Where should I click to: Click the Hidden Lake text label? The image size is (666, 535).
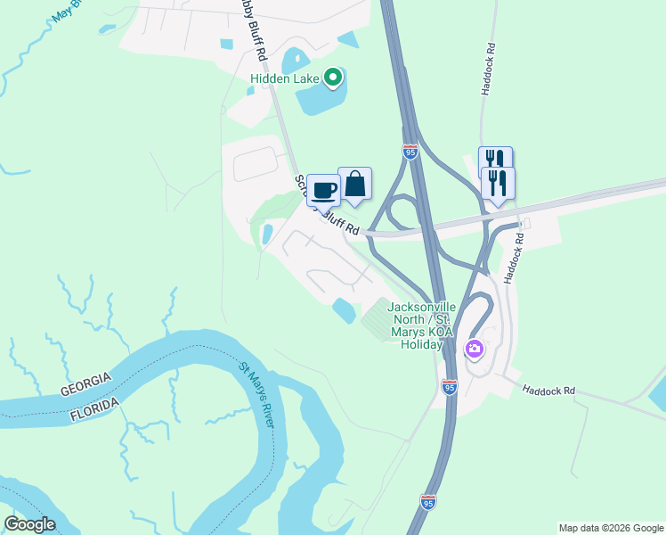(x=284, y=79)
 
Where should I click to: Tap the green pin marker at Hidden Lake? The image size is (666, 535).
(x=333, y=78)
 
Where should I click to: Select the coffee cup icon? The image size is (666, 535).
(x=323, y=189)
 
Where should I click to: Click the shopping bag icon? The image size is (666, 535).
(x=354, y=184)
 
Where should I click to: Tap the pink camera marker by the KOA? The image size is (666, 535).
(x=475, y=348)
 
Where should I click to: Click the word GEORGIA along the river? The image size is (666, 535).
(x=86, y=384)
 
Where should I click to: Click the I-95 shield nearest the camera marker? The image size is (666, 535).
(x=449, y=387)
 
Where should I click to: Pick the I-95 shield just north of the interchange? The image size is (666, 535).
(x=410, y=152)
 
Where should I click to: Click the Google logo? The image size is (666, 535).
(x=29, y=524)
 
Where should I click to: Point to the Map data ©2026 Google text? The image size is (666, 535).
(x=610, y=528)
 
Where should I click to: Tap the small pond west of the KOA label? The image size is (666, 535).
(x=344, y=311)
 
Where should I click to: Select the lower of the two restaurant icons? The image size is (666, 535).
(x=497, y=183)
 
